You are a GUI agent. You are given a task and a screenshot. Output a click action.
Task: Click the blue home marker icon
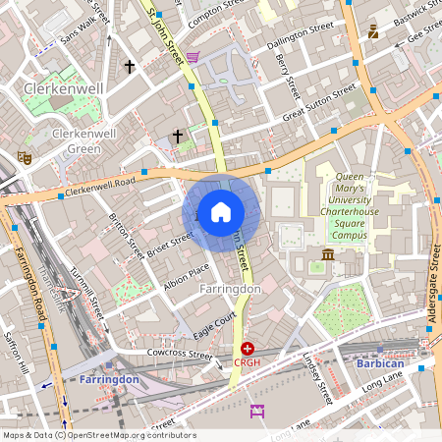(221, 211)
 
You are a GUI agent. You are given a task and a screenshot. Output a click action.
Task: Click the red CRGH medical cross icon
(248, 349)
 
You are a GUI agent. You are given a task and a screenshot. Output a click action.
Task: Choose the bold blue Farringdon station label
(109, 378)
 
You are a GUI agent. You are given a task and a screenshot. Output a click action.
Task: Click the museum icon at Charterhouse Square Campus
(327, 254)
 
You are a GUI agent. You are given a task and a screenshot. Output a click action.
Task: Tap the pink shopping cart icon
(193, 57)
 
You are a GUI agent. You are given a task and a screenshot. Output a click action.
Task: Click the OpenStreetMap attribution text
(98, 435)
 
